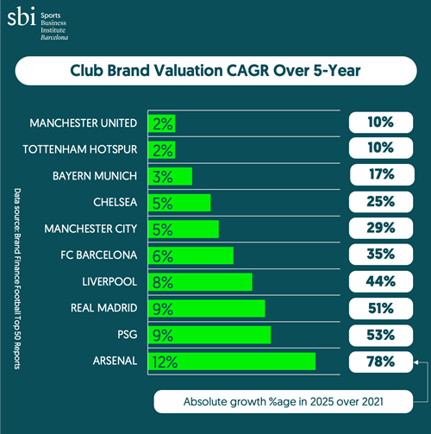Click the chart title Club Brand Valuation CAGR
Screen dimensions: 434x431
215,72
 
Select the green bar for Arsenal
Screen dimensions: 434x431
232,361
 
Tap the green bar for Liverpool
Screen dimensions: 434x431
200,281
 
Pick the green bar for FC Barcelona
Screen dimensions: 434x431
191,255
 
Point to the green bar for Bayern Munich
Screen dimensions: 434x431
170,176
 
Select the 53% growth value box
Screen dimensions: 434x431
379,334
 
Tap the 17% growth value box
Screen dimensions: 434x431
379,176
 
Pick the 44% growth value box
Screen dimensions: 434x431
379,281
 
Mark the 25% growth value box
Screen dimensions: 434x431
379,203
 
